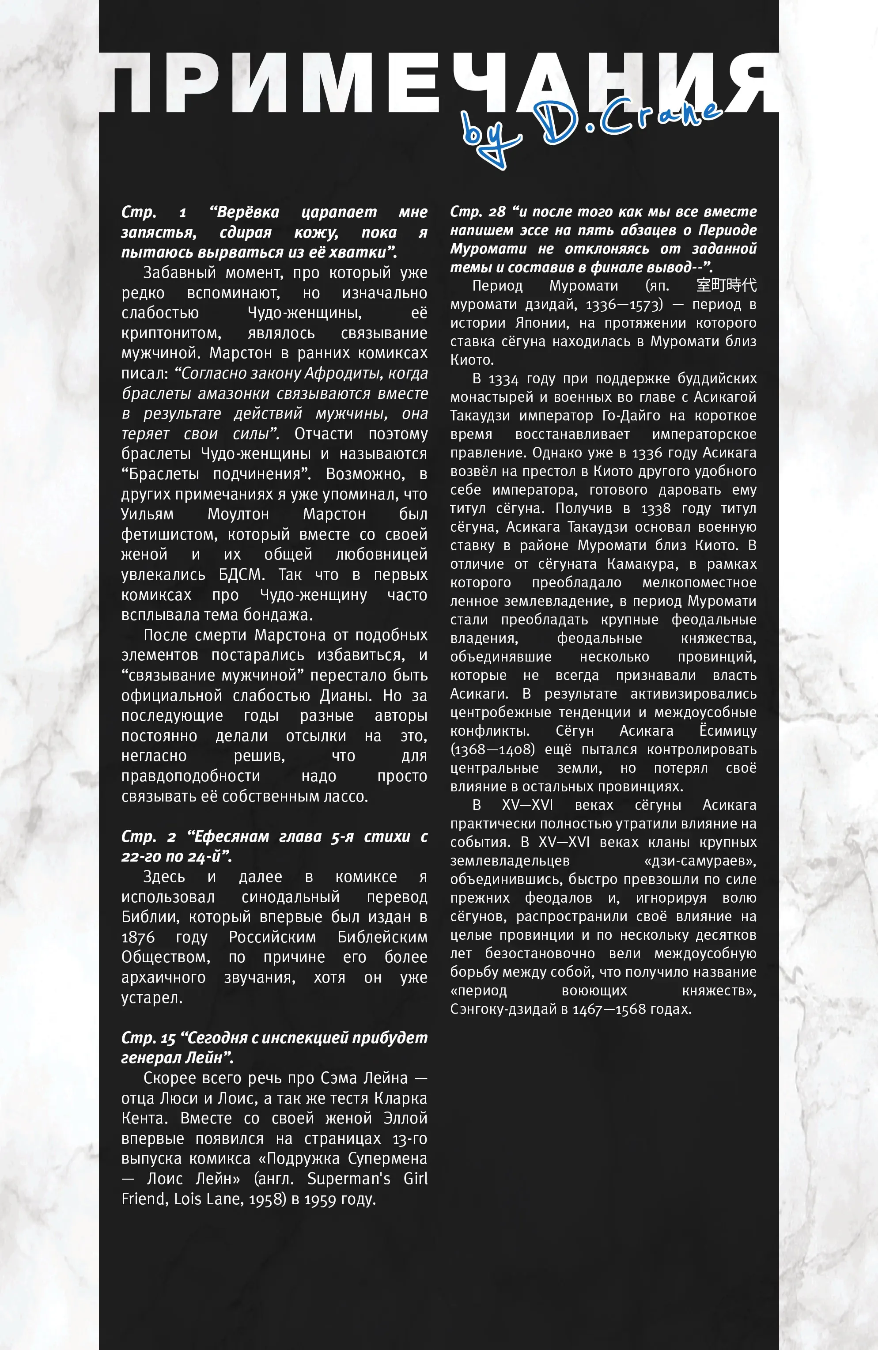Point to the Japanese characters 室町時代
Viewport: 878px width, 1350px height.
726,285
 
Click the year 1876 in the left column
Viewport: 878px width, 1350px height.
138,937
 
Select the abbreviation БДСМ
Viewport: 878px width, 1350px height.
241,575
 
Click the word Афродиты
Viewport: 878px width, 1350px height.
337,373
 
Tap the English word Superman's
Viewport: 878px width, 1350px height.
349,1179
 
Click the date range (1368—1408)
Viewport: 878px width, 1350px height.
492,750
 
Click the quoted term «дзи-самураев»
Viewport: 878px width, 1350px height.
700,861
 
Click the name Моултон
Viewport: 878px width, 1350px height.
238,514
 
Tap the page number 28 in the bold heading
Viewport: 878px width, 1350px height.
497,212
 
